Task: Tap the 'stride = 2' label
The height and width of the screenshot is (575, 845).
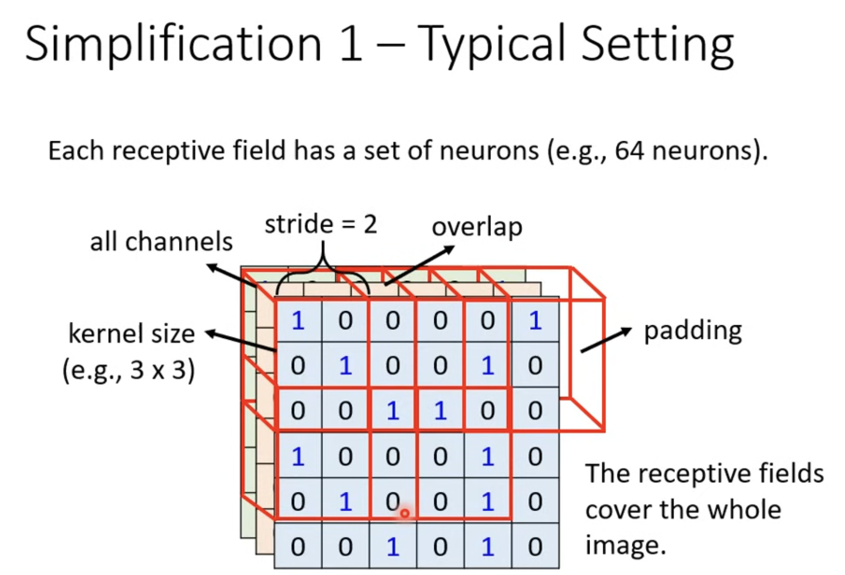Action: click(321, 224)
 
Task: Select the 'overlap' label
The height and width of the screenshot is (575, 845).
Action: click(477, 227)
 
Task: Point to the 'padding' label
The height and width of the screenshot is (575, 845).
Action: click(693, 332)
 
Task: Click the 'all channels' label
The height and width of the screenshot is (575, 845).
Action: click(162, 242)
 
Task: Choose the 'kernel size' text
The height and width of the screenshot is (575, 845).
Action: click(131, 334)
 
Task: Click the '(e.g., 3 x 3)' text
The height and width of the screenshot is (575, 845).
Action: click(128, 370)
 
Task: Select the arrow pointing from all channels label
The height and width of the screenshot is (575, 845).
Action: click(232, 275)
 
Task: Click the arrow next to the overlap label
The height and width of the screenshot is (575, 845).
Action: click(420, 265)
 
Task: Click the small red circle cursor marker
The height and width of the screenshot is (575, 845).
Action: click(405, 514)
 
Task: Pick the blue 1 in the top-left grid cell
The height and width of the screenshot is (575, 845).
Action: click(298, 321)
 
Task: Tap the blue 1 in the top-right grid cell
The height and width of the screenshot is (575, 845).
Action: click(535, 321)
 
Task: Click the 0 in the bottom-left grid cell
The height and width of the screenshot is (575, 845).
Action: click(298, 547)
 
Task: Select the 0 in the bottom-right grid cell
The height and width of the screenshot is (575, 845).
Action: click(535, 547)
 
